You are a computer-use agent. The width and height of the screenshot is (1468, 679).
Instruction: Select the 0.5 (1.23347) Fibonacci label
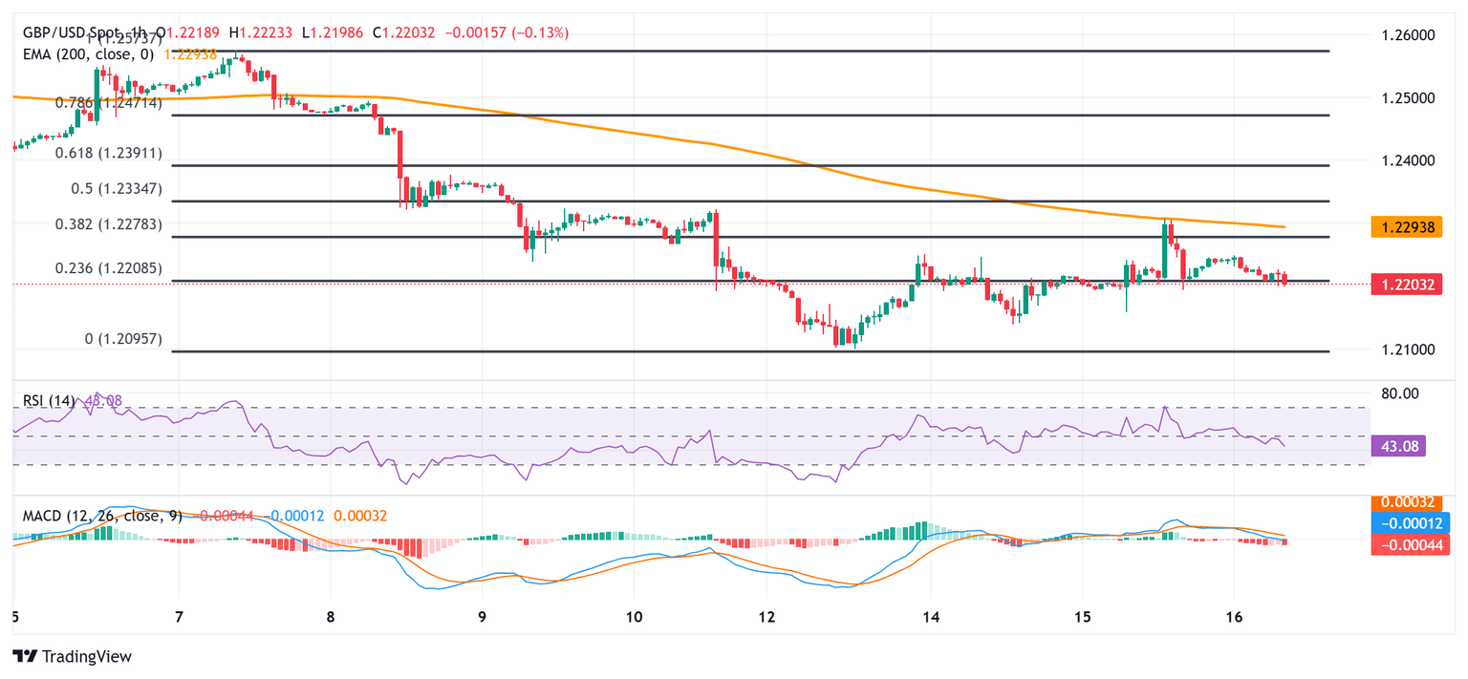(x=117, y=189)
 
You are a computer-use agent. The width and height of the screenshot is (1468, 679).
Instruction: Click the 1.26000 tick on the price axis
(x=1409, y=35)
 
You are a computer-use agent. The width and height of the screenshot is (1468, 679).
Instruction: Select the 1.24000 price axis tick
(x=1409, y=160)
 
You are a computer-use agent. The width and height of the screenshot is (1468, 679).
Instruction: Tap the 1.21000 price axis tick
(x=1409, y=350)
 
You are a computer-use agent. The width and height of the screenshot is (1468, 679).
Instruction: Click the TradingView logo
(x=72, y=656)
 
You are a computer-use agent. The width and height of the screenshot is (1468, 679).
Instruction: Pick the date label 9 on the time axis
(x=482, y=618)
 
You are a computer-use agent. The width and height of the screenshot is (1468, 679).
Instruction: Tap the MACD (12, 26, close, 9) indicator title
(x=107, y=516)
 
